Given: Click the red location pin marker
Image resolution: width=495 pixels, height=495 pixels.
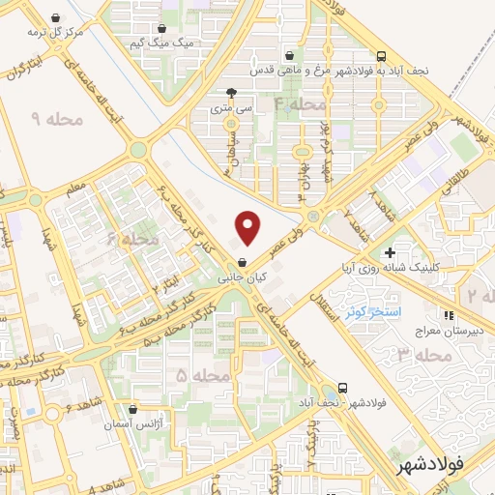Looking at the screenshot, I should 249,228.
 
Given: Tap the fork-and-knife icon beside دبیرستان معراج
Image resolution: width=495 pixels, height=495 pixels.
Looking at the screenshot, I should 448,314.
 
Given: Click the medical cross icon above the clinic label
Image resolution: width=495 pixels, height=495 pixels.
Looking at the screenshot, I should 389,252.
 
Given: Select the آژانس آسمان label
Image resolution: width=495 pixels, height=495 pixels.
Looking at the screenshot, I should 132,426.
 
